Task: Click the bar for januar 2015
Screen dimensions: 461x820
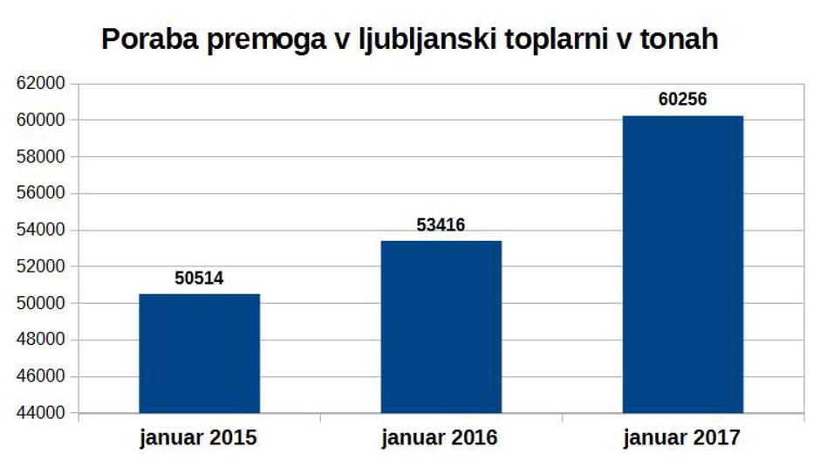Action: [200, 353]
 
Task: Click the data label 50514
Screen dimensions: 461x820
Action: [200, 279]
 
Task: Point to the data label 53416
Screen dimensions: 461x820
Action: [441, 225]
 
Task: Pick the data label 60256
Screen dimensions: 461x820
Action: [683, 100]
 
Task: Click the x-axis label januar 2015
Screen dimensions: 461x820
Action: [200, 436]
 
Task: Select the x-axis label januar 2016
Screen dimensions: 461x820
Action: [441, 436]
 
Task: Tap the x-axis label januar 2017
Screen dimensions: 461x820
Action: [683, 436]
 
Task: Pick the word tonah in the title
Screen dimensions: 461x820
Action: [683, 40]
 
